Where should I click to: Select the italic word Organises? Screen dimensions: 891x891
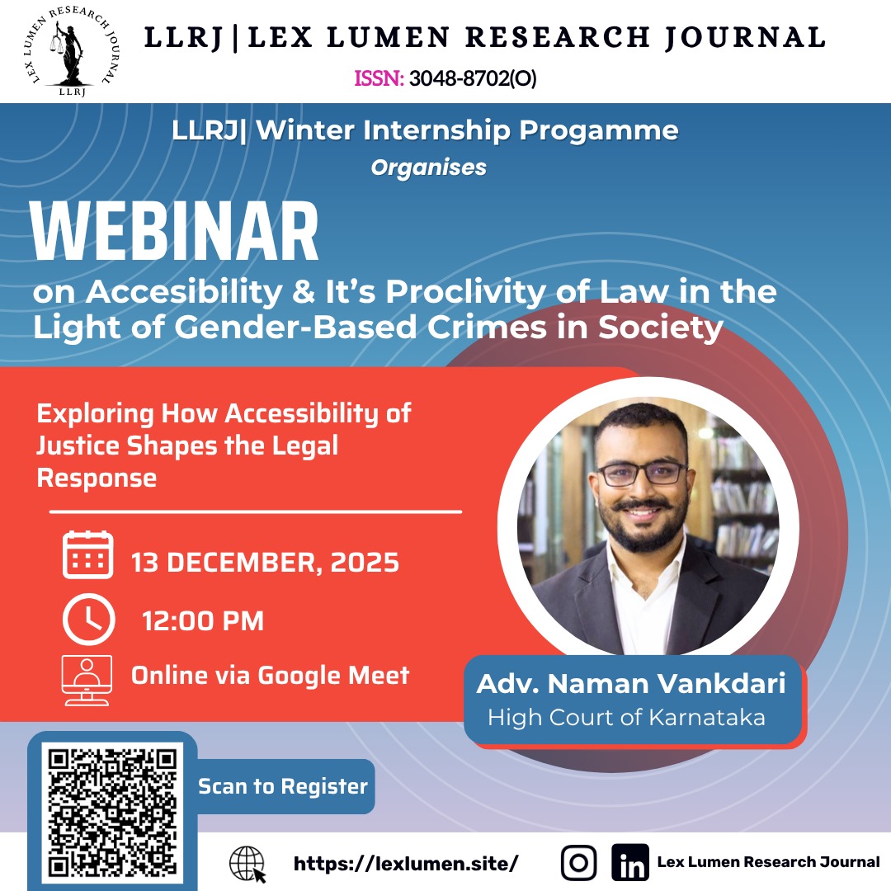click(428, 167)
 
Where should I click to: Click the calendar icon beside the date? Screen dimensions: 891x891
click(87, 555)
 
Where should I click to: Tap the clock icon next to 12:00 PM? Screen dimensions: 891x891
click(87, 619)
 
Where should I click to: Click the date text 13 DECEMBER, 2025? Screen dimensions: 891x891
click(265, 563)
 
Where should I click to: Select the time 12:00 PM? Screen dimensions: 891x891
click(203, 620)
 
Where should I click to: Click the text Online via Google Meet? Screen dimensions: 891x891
click(270, 676)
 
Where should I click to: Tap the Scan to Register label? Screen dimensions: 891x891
click(283, 786)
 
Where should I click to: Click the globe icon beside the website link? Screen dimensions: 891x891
click(247, 864)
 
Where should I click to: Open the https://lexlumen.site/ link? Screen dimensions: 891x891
click(406, 864)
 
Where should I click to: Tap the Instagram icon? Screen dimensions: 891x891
click(578, 863)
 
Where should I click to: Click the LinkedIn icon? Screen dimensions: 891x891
click(630, 863)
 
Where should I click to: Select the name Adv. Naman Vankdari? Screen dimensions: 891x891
click(631, 684)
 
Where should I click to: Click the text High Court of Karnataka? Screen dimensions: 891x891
click(626, 717)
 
